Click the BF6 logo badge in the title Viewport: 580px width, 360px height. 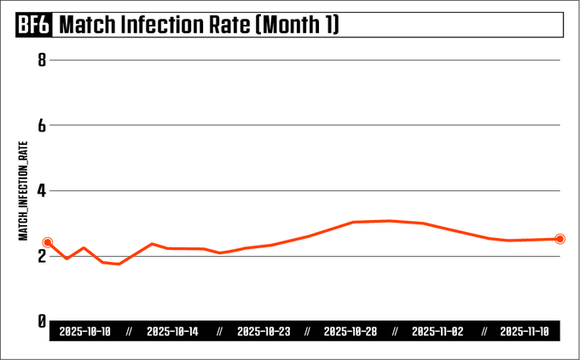(34, 26)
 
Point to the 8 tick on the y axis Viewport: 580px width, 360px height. (40, 60)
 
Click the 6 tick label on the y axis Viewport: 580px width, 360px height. (40, 125)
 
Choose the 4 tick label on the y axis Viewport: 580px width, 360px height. (40, 190)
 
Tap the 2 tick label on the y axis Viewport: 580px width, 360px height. (40, 256)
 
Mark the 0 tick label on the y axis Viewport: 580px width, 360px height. (40, 321)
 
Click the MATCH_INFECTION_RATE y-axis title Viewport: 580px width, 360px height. (24, 190)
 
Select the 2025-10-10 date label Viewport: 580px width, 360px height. (84, 332)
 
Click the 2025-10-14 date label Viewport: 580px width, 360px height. (172, 332)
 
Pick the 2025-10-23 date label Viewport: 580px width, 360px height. (262, 332)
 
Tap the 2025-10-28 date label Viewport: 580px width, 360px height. (351, 332)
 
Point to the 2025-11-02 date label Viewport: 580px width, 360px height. (438, 332)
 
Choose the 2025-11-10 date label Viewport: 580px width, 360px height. (525, 332)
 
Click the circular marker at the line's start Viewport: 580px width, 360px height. (48, 242)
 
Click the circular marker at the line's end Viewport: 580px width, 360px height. (560, 239)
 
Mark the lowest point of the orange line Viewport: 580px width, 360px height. (119, 264)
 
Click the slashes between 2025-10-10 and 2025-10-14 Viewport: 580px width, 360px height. (129, 332)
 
